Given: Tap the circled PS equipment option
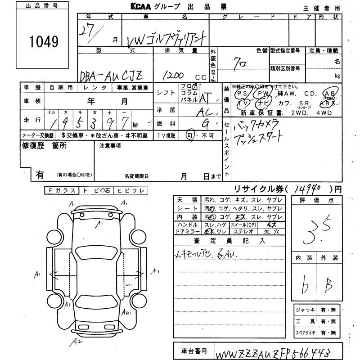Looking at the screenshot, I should pyautogui.click(x=243, y=93).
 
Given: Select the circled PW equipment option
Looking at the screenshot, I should pyautogui.click(x=262, y=93).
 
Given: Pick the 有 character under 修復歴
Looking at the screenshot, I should pyautogui.click(x=40, y=175).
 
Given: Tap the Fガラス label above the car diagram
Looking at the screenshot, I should pyautogui.click(x=62, y=191).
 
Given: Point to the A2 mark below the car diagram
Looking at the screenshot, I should pyautogui.click(x=78, y=342).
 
